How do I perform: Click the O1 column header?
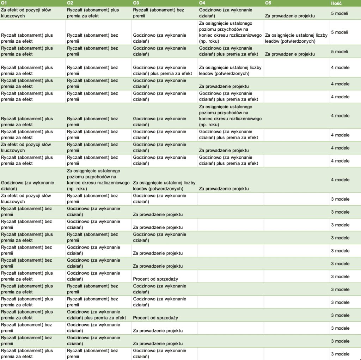[4, 3]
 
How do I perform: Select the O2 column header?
[70, 3]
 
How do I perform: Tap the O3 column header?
[136, 3]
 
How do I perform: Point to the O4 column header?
[202, 3]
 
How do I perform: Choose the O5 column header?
[268, 3]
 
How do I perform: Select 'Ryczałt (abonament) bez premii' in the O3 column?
[159, 13]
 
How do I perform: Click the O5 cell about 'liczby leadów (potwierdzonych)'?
[296, 38]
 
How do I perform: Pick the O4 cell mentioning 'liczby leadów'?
[230, 71]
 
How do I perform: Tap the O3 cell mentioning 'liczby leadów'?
[164, 185]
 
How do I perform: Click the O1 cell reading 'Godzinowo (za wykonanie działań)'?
[27, 185]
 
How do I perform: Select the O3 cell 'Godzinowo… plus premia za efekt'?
[163, 71]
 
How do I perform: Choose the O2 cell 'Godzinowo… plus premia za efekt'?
[96, 315]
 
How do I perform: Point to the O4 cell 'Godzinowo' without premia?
[226, 13]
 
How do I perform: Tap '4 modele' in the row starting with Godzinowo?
[340, 180]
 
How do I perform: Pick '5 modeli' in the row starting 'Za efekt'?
[339, 13]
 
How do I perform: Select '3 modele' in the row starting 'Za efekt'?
[340, 199]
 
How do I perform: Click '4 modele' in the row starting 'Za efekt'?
[340, 148]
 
